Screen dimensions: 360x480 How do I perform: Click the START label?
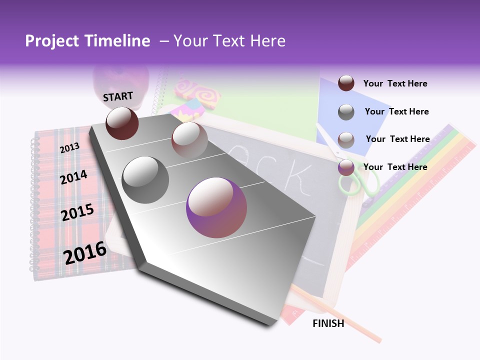pos(118,96)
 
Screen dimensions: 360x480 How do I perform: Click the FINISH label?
pos(328,323)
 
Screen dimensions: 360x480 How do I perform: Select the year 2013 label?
pos(69,147)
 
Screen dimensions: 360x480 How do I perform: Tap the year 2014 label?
pos(73,177)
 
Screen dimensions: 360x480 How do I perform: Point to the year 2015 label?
pos(77,212)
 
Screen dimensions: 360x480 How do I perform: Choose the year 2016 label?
pos(85,252)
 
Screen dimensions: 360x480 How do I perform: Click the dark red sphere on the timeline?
pos(122,123)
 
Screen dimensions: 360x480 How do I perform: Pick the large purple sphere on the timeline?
pos(216,208)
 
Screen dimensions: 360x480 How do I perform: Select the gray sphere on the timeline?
pos(145,179)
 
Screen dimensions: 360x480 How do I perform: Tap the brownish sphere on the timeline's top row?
pos(189,139)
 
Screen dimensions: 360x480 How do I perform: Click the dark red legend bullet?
pos(346,83)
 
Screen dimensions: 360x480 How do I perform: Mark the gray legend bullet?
pos(346,112)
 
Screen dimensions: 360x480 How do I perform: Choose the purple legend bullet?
pos(346,167)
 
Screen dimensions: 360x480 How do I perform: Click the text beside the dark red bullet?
pos(395,83)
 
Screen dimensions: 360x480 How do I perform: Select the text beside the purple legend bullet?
pos(395,167)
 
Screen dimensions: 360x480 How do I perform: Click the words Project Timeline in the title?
pos(87,41)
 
